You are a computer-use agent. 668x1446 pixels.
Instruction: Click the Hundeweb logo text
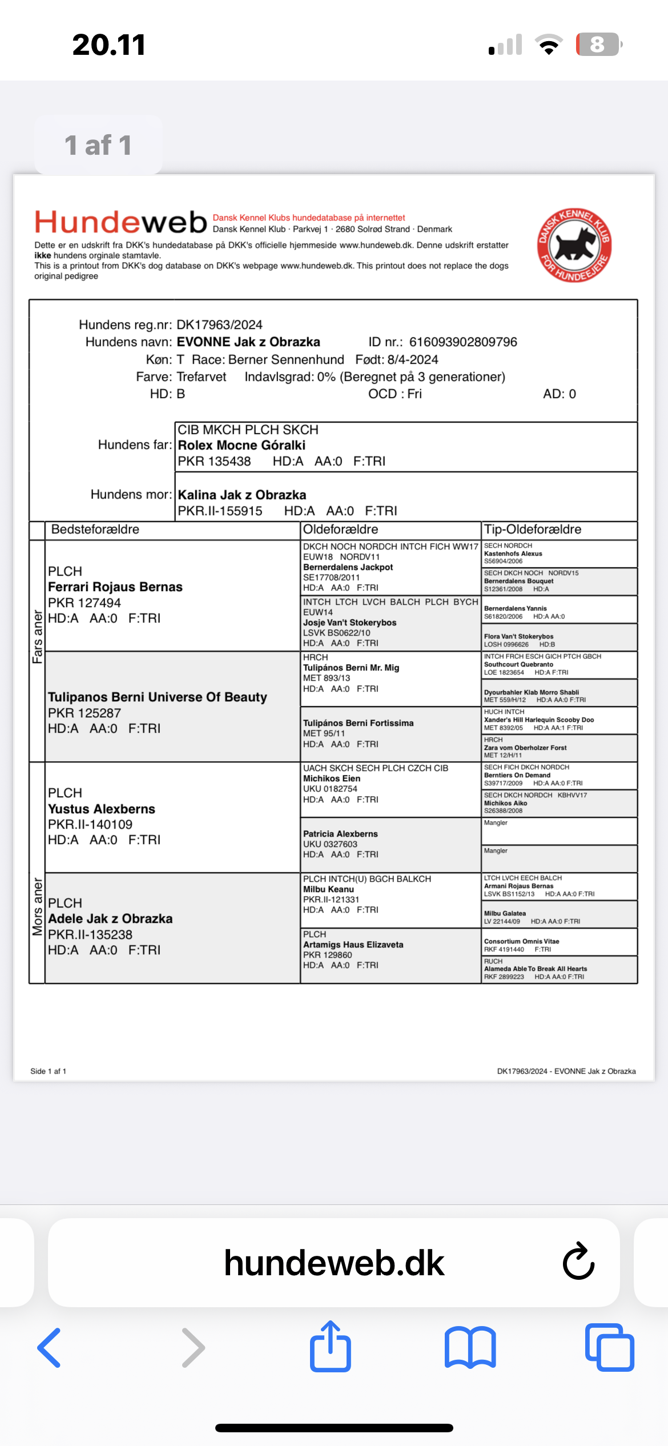[x=120, y=222]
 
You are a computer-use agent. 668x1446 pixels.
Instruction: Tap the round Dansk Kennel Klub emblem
[x=574, y=244]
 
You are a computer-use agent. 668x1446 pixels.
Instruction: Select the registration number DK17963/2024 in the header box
[x=219, y=325]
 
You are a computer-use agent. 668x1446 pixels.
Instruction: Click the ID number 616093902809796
[x=463, y=342]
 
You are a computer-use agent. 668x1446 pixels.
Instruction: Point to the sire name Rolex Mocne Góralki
[x=242, y=445]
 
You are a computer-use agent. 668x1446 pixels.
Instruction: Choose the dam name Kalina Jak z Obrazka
[x=242, y=495]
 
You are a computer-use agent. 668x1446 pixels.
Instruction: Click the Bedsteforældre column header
[x=95, y=529]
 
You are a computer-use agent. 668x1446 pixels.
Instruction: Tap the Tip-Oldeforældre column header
[x=533, y=529]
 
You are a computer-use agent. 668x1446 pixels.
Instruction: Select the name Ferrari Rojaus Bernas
[x=115, y=587]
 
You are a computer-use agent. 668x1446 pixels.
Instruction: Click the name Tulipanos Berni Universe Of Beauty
[x=158, y=697]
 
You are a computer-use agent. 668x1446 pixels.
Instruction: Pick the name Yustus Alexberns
[x=102, y=809]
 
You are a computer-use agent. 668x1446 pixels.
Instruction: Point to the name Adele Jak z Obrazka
[x=110, y=919]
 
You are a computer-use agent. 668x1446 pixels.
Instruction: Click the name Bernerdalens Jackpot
[x=348, y=567]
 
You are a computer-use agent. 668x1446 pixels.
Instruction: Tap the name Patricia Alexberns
[x=340, y=834]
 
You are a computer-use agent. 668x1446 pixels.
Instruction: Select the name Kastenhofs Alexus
[x=513, y=553]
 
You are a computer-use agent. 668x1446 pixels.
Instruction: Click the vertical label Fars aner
[x=38, y=637]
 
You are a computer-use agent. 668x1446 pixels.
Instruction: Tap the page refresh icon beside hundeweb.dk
[x=578, y=1262]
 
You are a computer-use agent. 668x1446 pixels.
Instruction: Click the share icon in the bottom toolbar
[x=330, y=1347]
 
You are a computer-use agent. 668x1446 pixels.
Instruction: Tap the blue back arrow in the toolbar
[x=50, y=1348]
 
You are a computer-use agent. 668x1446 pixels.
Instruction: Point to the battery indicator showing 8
[x=598, y=45]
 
